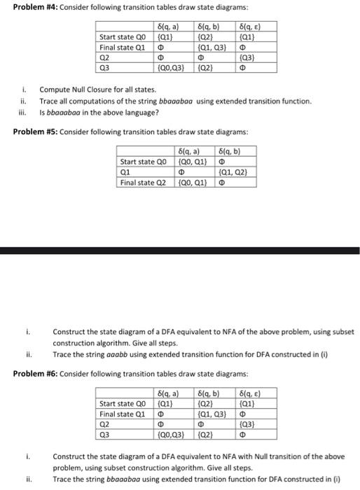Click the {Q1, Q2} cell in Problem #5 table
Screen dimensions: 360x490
point(232,172)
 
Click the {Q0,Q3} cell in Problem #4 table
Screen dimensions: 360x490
point(171,69)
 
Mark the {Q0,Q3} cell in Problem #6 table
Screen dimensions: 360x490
point(171,435)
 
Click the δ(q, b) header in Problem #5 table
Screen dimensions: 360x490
point(232,151)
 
